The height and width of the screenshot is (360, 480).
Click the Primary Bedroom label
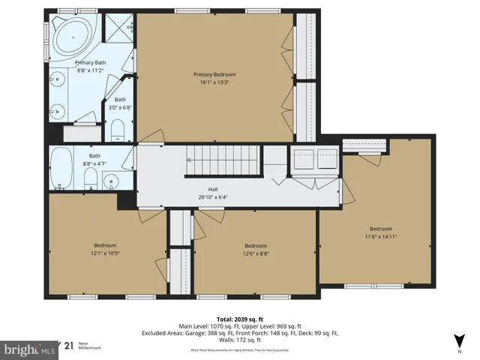point(214,74)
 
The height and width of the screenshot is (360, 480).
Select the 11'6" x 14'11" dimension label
point(381,236)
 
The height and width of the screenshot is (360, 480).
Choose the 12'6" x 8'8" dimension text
point(256,253)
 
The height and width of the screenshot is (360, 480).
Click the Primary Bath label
point(89,64)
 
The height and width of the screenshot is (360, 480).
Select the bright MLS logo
point(30,349)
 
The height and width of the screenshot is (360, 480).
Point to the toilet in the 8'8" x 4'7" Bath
point(89,178)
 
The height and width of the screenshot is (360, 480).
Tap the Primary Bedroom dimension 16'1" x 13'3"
point(214,82)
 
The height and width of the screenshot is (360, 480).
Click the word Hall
point(213,190)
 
